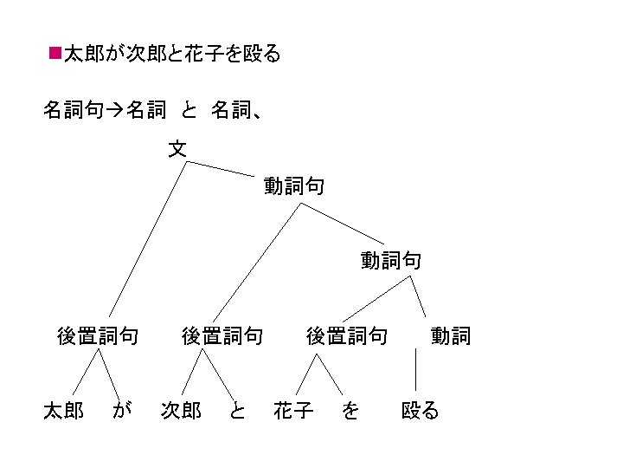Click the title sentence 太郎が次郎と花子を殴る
point(172,55)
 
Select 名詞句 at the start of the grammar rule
point(73,110)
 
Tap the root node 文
point(177,149)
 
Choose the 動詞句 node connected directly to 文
point(294,185)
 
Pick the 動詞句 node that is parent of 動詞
point(391,260)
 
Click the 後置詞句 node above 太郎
point(97,335)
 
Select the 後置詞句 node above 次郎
point(222,335)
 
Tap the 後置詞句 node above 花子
point(347,335)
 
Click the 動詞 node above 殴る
point(451,335)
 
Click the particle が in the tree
point(122,410)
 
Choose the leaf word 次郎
point(182,410)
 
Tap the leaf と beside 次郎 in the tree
point(237,410)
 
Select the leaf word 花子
point(293,410)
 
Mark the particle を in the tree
point(350,410)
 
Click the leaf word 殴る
point(421,410)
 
